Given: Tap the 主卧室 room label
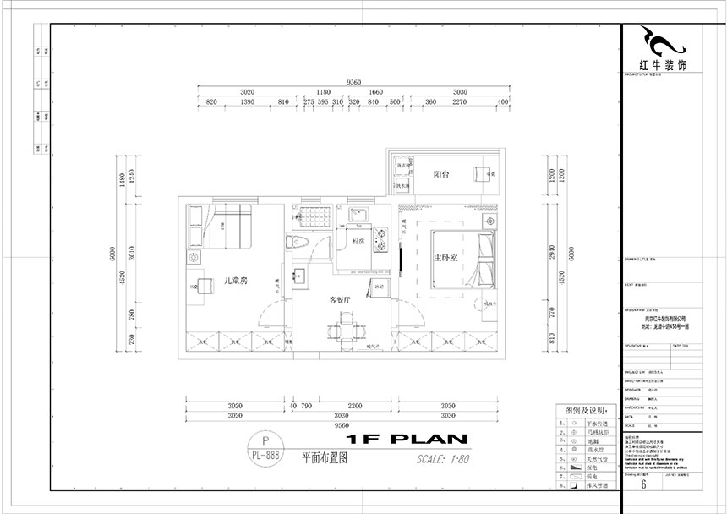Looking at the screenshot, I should click(x=445, y=258).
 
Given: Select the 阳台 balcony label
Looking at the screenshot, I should click(x=441, y=173).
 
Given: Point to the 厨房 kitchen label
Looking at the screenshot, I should click(x=358, y=241).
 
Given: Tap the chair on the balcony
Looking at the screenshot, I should click(x=483, y=173).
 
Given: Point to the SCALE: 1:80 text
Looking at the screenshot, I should click(x=443, y=459).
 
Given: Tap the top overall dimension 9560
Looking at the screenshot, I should click(x=353, y=82).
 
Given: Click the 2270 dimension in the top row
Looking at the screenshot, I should click(x=460, y=102).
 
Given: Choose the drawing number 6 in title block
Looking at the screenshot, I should click(x=644, y=484).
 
